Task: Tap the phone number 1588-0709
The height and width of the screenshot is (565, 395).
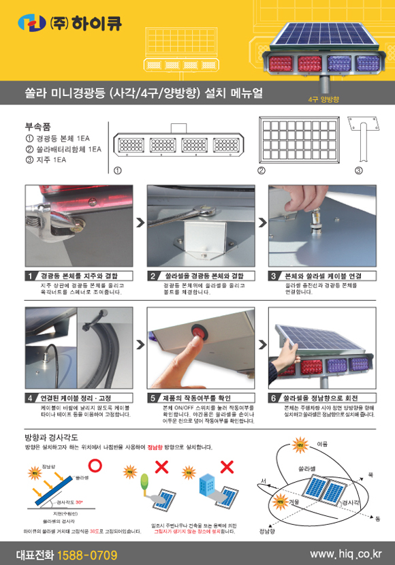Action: (x=88, y=554)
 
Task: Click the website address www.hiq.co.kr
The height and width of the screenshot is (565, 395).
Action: (x=346, y=554)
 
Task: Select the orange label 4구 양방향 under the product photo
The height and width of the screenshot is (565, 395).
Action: (x=323, y=99)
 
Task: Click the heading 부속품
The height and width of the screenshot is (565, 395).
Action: (x=37, y=126)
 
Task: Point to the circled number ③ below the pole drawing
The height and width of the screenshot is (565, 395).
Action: (x=358, y=170)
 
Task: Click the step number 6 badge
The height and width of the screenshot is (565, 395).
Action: (x=274, y=397)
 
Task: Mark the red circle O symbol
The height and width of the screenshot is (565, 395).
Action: (x=96, y=466)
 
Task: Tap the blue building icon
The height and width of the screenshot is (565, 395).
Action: (x=205, y=485)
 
